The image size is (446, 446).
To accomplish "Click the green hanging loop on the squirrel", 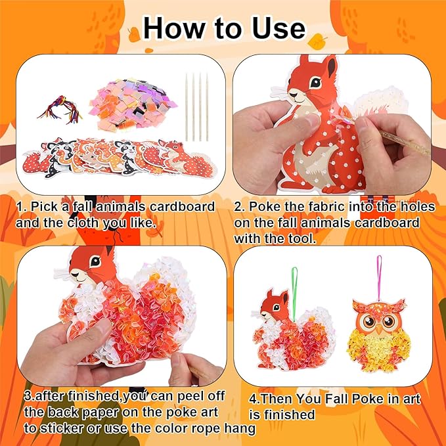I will coord(277,276).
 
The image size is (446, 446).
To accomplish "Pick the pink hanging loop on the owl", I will coord(379,276).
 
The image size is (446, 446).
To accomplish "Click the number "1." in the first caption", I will coord(21,207).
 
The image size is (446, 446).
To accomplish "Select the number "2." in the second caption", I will coord(240,207).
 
